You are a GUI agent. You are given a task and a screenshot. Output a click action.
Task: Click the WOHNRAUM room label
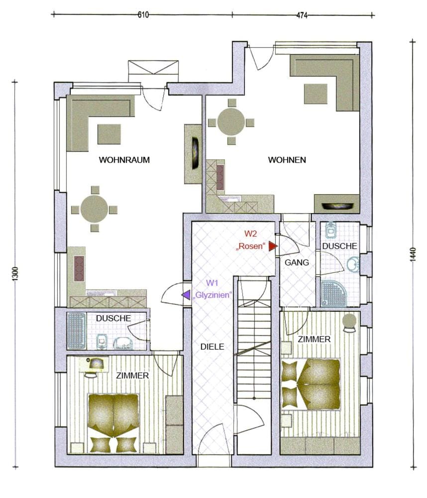[124, 160]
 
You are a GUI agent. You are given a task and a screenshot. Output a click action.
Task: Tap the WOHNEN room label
[287, 160]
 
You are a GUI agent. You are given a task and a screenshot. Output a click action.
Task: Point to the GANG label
[297, 262]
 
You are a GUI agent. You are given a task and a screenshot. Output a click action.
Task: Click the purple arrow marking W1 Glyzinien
[186, 295]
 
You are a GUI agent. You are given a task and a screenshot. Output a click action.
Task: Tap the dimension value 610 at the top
[143, 15]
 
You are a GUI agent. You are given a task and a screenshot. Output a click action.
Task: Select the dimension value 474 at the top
[302, 15]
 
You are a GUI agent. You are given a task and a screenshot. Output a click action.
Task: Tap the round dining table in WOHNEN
[231, 122]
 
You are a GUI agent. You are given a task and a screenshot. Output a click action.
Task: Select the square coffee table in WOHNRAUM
[109, 134]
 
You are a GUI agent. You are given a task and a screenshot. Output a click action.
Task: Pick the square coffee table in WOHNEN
[316, 94]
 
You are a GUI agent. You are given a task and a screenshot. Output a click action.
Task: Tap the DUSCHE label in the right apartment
[339, 246]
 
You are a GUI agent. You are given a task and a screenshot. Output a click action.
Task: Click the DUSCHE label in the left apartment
[113, 318]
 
